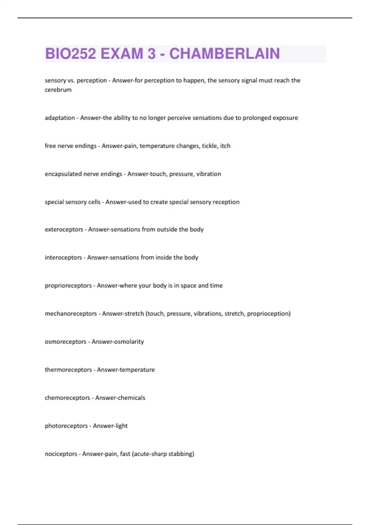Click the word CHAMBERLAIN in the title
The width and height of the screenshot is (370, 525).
coord(224,54)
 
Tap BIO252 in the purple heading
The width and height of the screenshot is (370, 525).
coord(71,54)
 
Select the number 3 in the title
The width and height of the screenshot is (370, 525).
coord(151,54)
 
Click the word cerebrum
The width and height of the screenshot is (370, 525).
coord(58,90)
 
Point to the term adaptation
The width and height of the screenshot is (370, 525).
coord(60,118)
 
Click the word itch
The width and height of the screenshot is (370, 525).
coord(225,146)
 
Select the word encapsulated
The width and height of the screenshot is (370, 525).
coord(64,174)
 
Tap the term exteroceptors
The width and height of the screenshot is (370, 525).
coord(64,229)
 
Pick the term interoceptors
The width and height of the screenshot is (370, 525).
coord(63,258)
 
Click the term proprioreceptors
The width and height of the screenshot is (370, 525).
coord(68,286)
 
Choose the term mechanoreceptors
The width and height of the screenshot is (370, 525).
coord(71,314)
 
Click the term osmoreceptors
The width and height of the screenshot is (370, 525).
coord(65,342)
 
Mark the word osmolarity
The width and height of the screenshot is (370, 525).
coord(129,342)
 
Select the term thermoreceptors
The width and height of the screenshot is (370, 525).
coord(68,370)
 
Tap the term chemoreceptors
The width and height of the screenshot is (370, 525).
coord(67,398)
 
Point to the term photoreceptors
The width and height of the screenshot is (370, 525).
coord(66,426)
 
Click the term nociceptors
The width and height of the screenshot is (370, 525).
coord(61,454)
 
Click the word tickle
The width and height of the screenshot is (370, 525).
coord(208,146)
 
